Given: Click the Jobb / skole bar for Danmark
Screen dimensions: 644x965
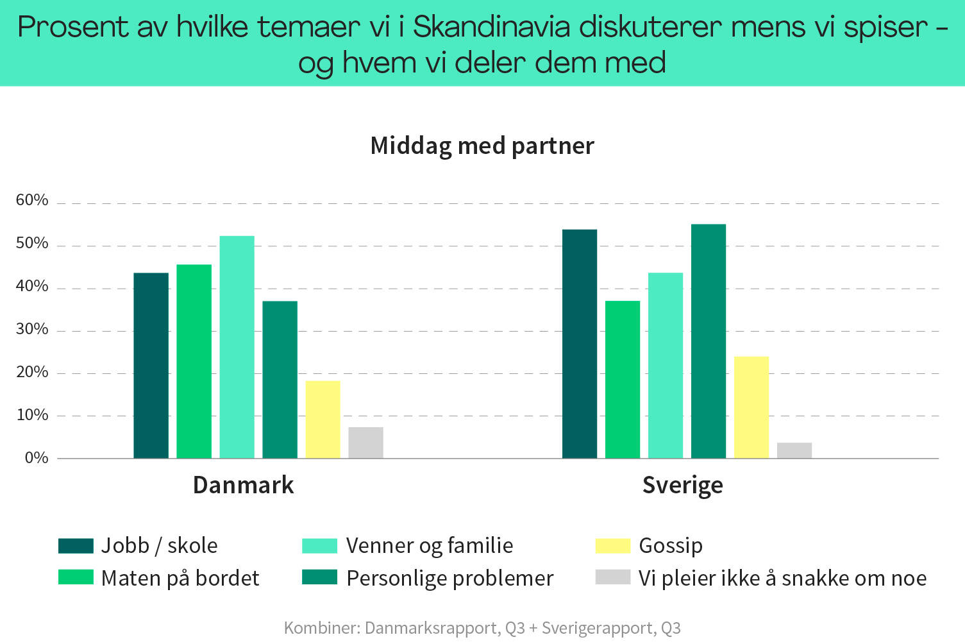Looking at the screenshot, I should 151,366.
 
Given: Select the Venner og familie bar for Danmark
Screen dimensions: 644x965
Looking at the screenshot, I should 237,347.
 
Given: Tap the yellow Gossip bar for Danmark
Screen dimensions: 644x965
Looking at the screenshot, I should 323,419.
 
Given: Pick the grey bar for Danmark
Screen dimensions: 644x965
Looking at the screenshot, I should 365,443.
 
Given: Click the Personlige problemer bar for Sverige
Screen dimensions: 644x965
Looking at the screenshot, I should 709,341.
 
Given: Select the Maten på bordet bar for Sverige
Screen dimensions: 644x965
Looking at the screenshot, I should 623,380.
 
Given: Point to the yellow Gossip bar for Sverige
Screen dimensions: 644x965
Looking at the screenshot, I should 751,407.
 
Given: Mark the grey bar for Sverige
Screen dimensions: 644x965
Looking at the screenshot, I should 794,450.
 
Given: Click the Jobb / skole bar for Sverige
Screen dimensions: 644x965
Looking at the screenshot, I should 580,344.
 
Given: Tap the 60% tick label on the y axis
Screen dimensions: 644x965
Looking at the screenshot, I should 32,200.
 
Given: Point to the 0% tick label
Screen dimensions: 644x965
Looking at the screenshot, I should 37,458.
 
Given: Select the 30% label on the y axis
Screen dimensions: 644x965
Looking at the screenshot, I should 32,330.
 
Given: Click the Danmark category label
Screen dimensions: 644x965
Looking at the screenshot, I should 243,485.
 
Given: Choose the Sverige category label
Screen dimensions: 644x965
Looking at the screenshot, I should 682,485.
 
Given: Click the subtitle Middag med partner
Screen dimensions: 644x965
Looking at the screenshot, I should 482,146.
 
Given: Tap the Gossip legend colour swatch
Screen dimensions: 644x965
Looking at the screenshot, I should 612,545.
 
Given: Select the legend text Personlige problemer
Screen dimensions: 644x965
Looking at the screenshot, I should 449,578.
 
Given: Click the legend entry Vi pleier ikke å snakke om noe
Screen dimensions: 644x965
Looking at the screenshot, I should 782,578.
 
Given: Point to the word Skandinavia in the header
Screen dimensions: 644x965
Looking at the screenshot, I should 492,27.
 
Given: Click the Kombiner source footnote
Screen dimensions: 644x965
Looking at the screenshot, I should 482,627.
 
